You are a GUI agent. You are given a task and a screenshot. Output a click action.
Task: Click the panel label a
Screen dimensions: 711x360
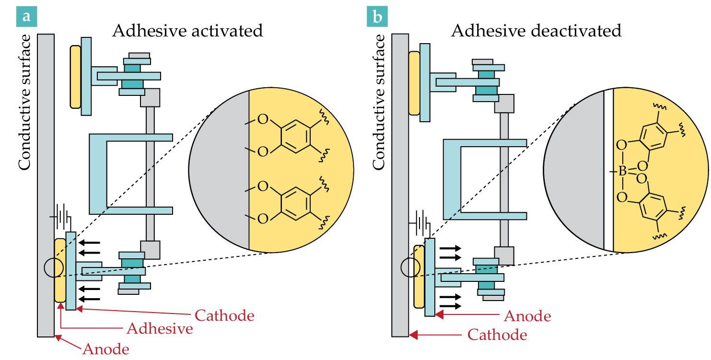(27, 16)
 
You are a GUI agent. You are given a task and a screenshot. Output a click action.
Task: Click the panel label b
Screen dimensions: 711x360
(377, 16)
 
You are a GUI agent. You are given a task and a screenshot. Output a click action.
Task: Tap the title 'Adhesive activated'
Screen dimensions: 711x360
(187, 31)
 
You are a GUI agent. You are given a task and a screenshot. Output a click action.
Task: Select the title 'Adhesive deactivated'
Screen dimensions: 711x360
(536, 31)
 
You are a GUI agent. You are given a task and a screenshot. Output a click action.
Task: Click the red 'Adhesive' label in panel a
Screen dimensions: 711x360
(160, 328)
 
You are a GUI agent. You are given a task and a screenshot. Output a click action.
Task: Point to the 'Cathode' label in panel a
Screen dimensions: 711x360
(224, 315)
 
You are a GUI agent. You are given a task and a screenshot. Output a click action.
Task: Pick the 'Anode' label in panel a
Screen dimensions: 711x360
(106, 349)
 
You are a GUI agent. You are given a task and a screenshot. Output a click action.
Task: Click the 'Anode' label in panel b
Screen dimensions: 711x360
(527, 316)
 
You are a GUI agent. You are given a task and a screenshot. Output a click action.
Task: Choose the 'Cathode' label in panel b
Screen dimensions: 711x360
(497, 335)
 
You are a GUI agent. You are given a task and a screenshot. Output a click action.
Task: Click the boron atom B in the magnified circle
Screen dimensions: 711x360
(622, 171)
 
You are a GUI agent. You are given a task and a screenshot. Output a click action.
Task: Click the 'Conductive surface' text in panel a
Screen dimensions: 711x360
(24, 102)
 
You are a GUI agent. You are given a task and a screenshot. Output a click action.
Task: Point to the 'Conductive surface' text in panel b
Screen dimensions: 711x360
(378, 102)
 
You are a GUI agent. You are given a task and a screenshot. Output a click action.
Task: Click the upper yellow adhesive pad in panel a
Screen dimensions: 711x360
(76, 77)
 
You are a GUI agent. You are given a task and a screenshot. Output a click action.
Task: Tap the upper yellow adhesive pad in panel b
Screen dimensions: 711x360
(414, 83)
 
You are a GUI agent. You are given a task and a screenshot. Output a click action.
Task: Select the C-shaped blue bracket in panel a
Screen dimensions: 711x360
(98, 174)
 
